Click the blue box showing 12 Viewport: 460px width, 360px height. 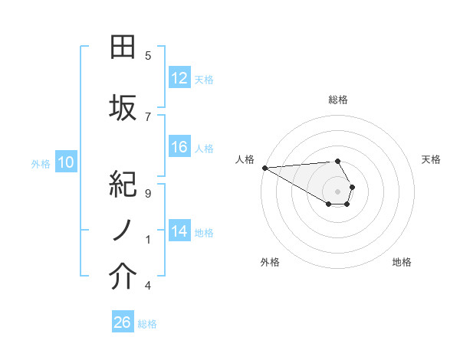179,78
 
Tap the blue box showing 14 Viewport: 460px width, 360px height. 179,231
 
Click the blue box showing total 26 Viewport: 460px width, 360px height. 123,322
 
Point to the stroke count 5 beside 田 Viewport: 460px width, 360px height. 148,56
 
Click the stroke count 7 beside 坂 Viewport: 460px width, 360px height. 148,116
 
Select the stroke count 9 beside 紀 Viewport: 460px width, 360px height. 148,193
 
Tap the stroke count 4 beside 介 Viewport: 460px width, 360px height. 148,286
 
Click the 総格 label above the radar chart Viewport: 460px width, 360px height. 337,100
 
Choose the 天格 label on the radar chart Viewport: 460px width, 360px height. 431,159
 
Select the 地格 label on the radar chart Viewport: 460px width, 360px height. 402,262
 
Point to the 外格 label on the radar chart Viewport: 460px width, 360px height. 270,262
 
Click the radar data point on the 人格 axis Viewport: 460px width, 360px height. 264,168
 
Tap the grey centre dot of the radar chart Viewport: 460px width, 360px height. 337,191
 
